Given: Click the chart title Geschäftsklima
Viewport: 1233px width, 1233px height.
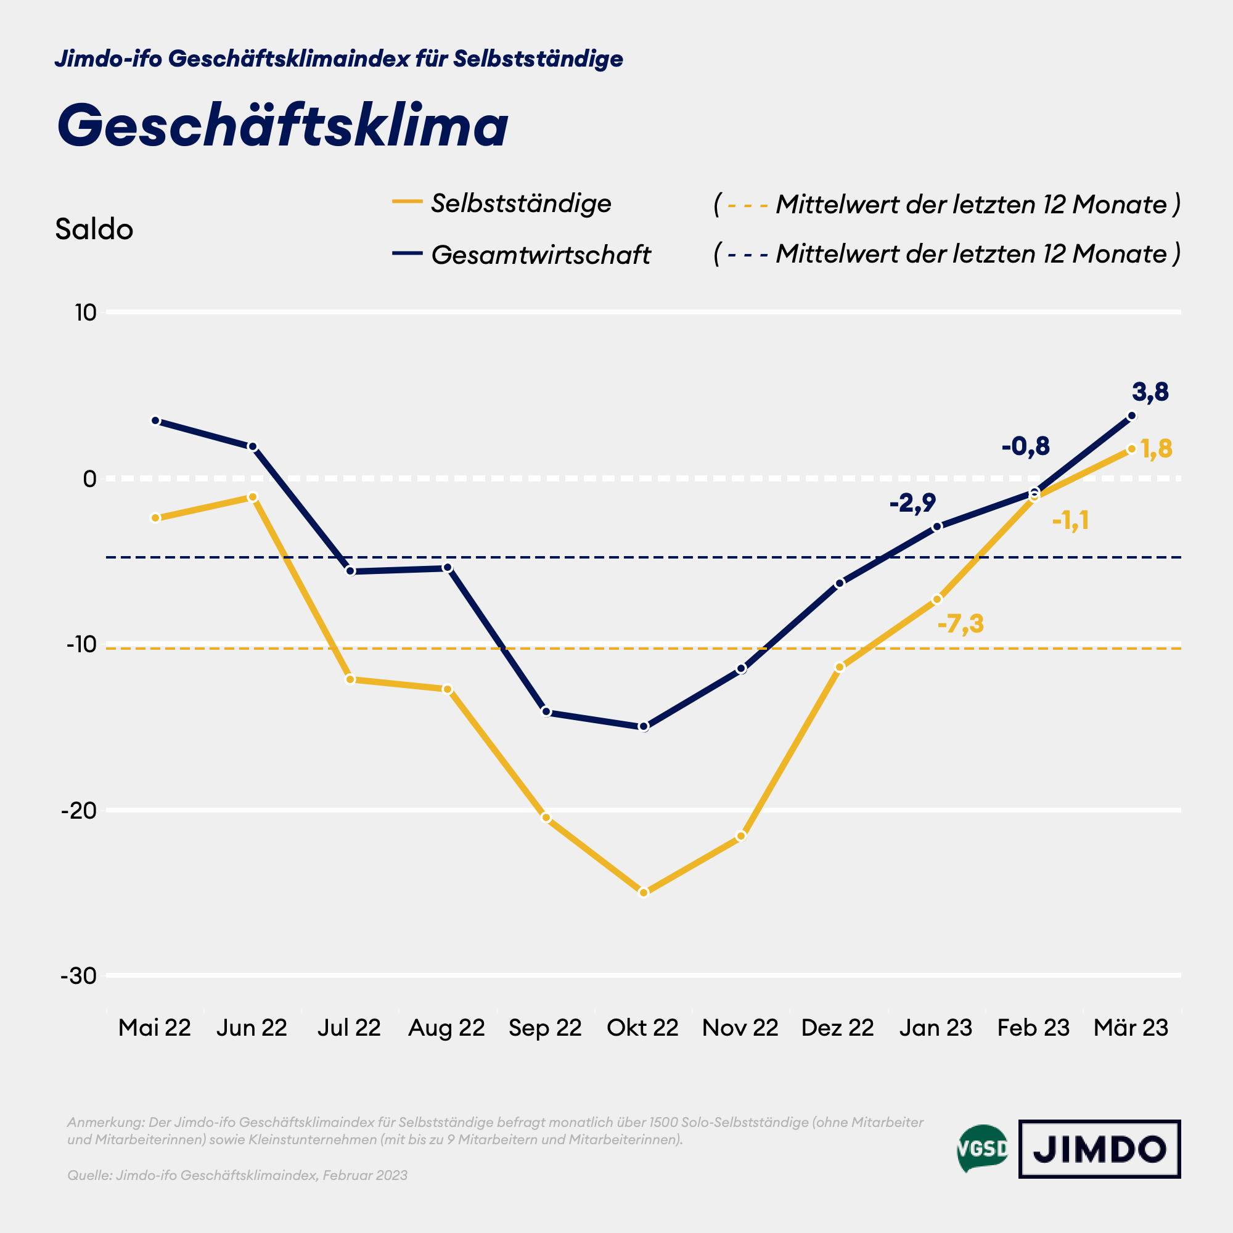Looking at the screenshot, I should tap(282, 126).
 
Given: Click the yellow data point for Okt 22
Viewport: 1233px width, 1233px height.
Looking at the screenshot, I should tap(643, 892).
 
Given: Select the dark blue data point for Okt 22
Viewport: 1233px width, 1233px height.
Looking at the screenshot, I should tap(643, 726).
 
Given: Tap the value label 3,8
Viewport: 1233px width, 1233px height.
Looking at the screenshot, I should tap(1150, 392).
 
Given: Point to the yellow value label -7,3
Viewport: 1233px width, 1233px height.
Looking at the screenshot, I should tap(960, 623).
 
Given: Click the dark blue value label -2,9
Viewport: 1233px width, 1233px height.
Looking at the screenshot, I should tap(912, 503).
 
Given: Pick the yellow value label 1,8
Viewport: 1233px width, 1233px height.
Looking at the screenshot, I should tap(1156, 449).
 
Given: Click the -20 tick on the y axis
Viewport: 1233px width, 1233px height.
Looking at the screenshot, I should tap(78, 811).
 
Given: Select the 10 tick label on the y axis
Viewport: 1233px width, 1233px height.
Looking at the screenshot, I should tap(85, 313).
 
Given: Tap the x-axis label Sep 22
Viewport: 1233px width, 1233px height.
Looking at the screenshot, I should tap(545, 1028).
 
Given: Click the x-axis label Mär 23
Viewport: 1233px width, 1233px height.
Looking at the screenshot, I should tap(1130, 1028).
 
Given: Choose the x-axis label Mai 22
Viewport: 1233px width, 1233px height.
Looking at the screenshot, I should tap(155, 1028).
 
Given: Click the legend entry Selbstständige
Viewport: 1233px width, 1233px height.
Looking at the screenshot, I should tap(520, 203).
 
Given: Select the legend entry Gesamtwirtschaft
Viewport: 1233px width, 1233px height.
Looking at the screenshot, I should tap(540, 255).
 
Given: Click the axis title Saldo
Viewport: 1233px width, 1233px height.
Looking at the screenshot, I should tap(94, 229).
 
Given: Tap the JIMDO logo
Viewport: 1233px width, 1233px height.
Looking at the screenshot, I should tap(1099, 1149).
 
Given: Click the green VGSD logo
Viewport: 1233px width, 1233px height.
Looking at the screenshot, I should tap(982, 1149).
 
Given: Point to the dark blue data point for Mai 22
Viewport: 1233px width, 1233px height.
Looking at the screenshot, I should tap(155, 420).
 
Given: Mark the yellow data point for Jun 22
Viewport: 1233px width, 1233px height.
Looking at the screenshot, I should tap(252, 496).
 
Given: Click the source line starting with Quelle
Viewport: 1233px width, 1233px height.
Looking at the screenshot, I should tap(237, 1176).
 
